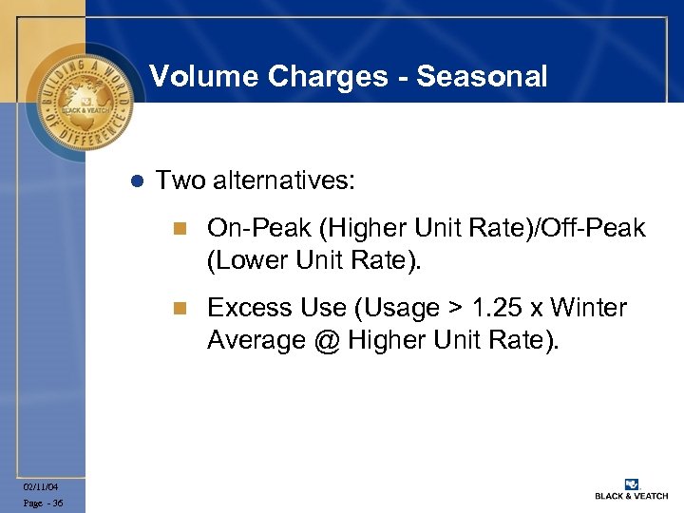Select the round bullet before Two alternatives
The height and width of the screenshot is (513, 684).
tap(135, 180)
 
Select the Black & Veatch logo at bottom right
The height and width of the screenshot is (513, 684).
tap(631, 488)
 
